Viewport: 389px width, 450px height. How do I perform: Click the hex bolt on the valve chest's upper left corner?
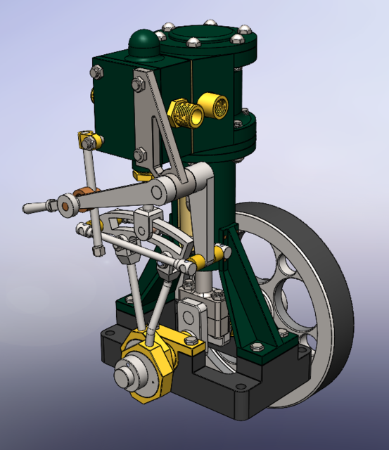(x=96, y=71)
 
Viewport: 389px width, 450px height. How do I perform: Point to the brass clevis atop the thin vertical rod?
(x=87, y=139)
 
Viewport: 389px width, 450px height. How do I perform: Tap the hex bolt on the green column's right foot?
(x=256, y=347)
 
